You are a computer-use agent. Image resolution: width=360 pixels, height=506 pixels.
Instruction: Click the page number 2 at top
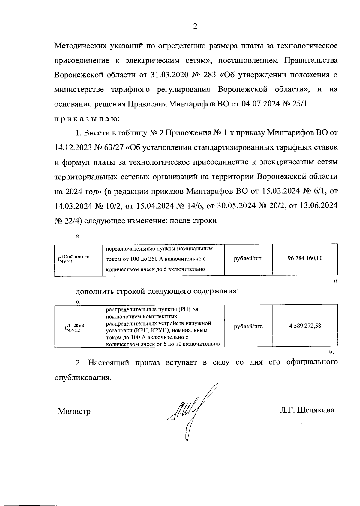pos(195,27)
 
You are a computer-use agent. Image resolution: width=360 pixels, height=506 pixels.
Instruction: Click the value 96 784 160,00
pos(305,258)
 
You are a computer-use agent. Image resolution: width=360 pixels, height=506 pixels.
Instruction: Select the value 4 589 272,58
pos(305,326)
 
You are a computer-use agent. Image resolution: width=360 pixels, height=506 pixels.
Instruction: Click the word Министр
pos(74,411)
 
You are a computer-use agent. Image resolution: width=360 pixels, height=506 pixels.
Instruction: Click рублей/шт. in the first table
pos(248,258)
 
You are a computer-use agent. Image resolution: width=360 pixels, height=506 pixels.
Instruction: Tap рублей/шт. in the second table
pos(248,326)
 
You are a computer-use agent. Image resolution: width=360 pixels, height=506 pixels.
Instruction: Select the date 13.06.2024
pos(318,206)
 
